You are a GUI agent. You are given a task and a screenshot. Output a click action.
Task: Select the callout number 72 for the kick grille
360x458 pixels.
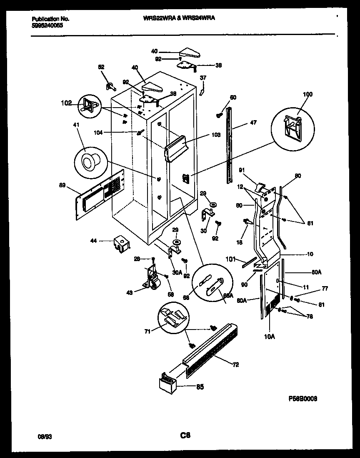pyautogui.click(x=235, y=365)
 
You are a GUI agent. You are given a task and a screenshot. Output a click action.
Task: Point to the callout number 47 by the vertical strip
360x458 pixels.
pyautogui.click(x=253, y=123)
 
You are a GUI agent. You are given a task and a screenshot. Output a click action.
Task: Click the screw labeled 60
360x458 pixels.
pyautogui.click(x=219, y=115)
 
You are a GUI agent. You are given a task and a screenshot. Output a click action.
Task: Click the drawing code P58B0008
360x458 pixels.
pyautogui.click(x=303, y=398)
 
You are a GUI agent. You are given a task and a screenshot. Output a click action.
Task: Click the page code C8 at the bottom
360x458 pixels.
pyautogui.click(x=185, y=436)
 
